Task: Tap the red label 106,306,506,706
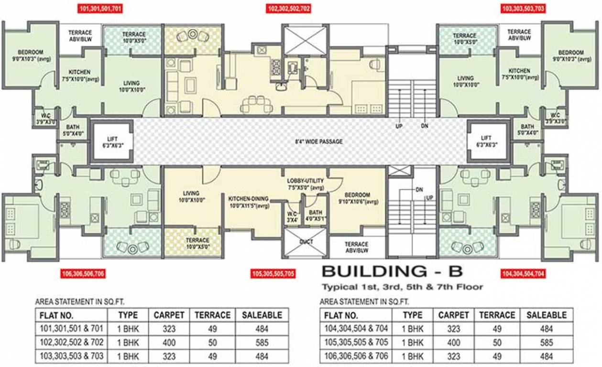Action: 83,273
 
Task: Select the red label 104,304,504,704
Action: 522,273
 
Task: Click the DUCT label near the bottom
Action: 306,242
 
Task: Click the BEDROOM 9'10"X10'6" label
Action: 358,198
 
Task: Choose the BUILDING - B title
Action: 392,271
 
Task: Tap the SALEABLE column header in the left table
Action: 262,315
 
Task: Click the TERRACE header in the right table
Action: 497,315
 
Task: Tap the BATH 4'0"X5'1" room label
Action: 316,216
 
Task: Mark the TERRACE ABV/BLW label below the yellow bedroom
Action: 357,247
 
